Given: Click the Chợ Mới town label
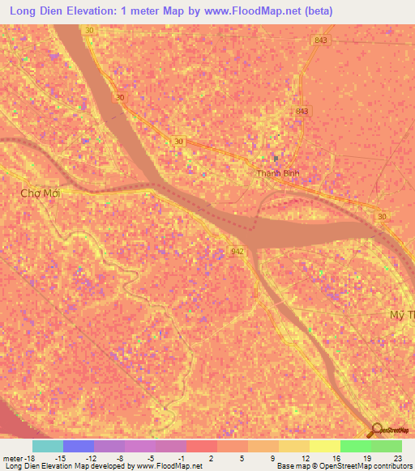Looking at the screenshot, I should (x=41, y=193).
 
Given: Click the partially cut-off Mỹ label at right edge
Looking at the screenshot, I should (x=402, y=313).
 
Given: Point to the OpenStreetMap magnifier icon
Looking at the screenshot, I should (x=375, y=431).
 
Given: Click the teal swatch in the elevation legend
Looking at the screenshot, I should (x=47, y=446).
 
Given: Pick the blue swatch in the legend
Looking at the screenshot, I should (x=78, y=446).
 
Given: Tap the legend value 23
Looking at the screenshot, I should (x=397, y=458).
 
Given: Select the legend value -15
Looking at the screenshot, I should (x=59, y=458).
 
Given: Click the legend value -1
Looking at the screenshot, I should (x=182, y=458).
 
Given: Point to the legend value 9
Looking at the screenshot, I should (x=275, y=458).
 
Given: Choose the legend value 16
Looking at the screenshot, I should (x=336, y=458).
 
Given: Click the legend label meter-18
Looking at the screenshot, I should (x=19, y=458).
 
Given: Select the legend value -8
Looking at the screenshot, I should (x=121, y=458).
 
